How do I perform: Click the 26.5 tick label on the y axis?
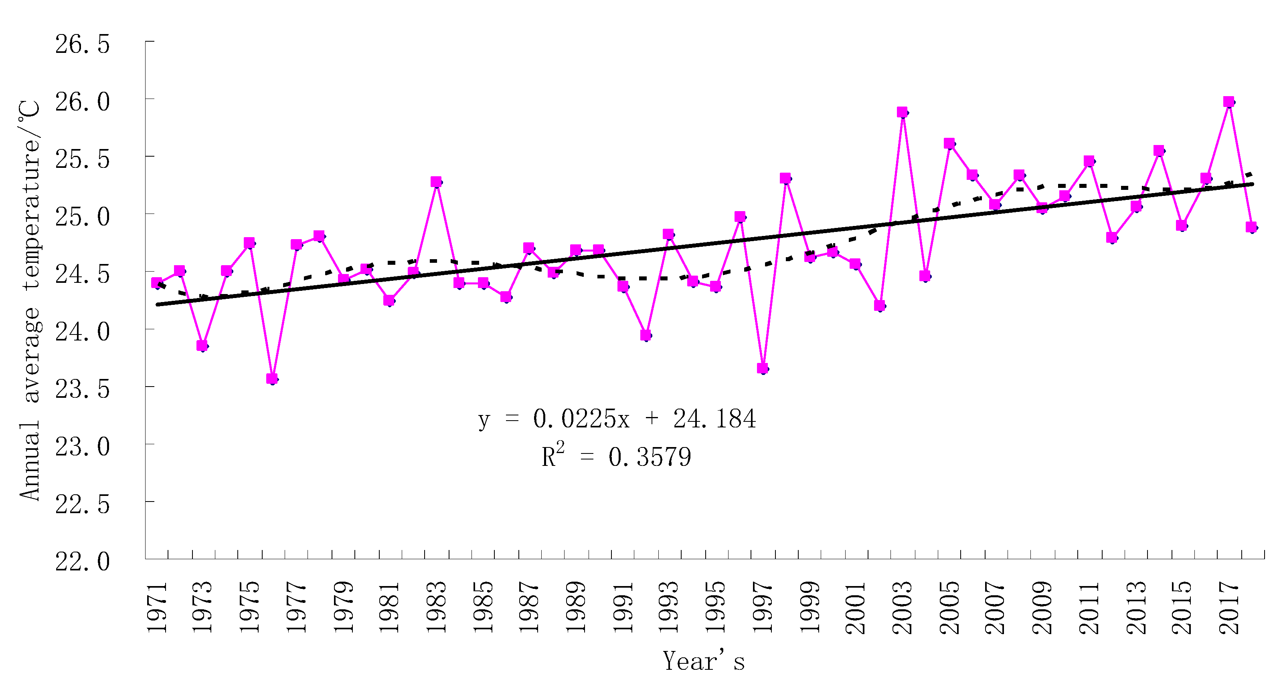82,44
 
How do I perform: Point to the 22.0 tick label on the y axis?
82,562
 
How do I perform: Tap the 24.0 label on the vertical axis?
82,332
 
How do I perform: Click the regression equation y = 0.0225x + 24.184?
617,419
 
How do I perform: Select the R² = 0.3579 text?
616,456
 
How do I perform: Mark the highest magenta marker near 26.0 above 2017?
1228,101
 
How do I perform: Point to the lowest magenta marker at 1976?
272,379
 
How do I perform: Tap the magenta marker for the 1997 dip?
763,368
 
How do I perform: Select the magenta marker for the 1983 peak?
436,182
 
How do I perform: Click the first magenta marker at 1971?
157,283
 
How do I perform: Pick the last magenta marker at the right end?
1251,227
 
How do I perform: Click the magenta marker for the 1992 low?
646,335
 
